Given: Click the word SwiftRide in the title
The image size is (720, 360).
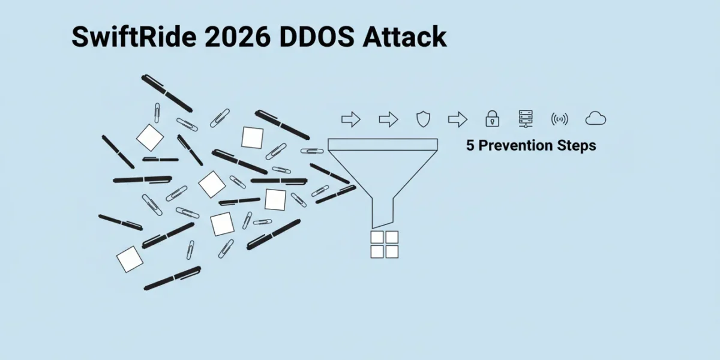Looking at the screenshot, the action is tap(134, 37).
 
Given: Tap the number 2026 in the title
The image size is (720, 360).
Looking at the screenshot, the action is tap(238, 37).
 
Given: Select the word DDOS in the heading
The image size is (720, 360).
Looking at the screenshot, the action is tap(317, 37).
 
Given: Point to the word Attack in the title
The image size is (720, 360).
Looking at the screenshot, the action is tap(404, 37).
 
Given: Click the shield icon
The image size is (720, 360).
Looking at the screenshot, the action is tap(423, 119).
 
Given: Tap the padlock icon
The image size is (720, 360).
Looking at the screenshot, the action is tap(492, 119).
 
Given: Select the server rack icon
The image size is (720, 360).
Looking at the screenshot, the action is tap(526, 119).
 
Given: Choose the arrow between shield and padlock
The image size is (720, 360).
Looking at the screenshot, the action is tap(458, 119).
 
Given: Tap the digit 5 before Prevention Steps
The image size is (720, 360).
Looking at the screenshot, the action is tap(470, 145).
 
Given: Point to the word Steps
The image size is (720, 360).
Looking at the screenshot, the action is tap(577, 146).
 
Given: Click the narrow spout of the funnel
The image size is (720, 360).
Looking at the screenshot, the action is tap(383, 212).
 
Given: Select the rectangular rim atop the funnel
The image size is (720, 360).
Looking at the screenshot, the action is tap(383, 145).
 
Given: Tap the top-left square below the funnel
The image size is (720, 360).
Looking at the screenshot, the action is tap(377, 237).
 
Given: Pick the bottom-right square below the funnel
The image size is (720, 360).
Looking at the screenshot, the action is tap(392, 251).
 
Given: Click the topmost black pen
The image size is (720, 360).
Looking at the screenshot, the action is tap(167, 94).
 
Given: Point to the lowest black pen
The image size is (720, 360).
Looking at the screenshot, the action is tap(172, 278).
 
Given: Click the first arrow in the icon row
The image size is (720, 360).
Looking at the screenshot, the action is tap(350, 119).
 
